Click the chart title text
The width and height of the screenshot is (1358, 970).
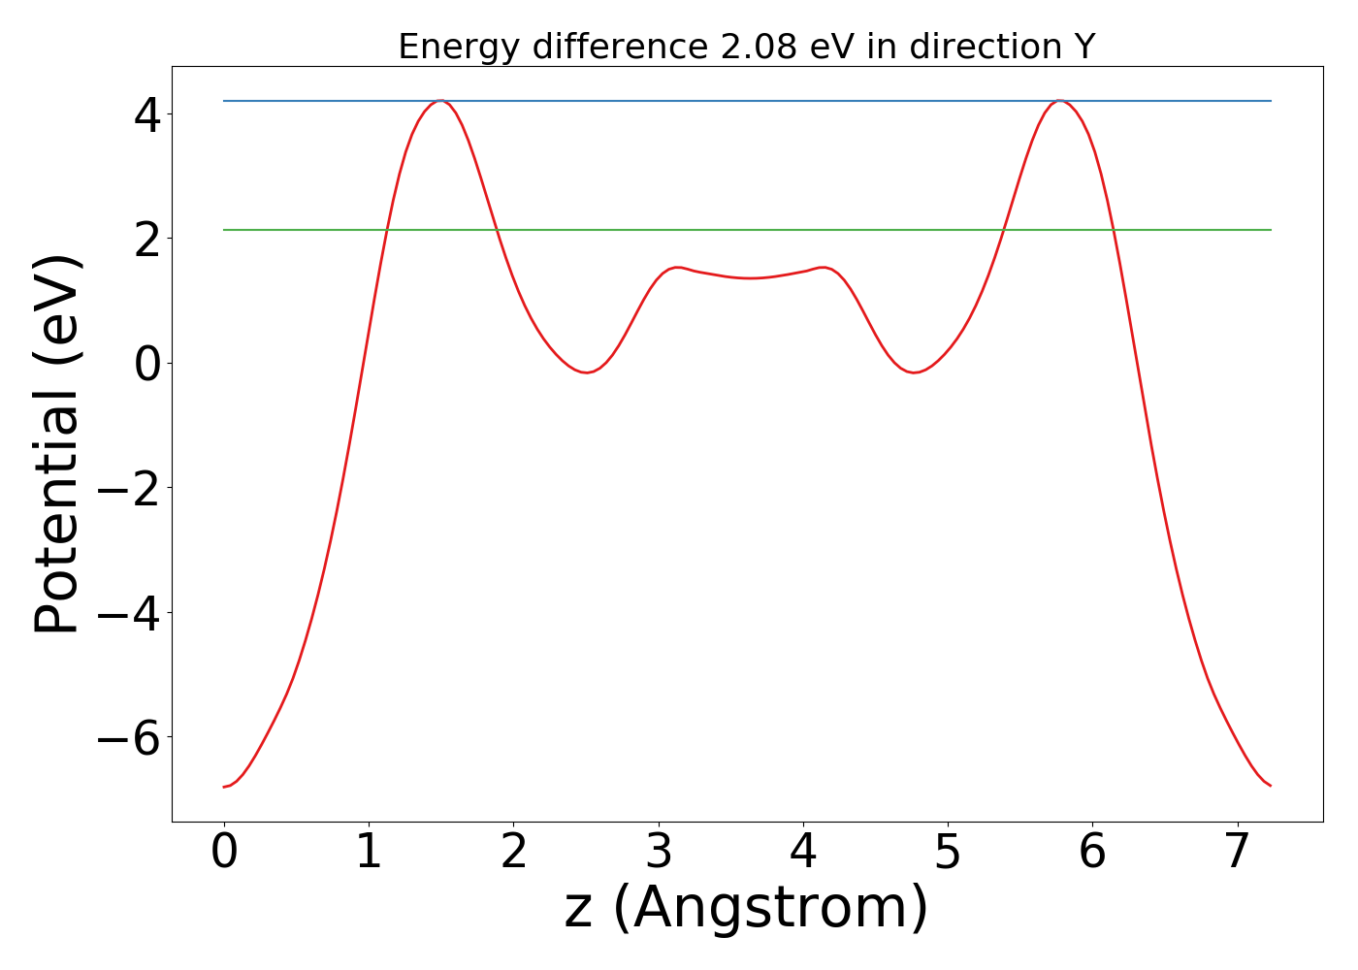[746, 47]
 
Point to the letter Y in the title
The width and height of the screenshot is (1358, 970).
[1083, 47]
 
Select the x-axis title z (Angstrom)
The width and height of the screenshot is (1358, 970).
[746, 908]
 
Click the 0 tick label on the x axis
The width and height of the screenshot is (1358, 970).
[224, 852]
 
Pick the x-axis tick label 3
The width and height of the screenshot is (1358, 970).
[659, 852]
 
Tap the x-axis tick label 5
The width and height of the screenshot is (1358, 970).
[948, 852]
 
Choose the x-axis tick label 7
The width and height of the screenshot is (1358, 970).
[1237, 852]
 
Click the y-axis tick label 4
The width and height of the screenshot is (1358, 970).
[147, 114]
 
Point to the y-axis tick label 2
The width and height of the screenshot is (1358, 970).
[147, 239]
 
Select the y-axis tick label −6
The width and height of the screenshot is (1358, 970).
[130, 737]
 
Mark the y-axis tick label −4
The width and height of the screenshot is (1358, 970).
[130, 613]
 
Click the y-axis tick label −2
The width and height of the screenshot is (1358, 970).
[130, 488]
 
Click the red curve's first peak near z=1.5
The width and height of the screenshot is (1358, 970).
[441, 101]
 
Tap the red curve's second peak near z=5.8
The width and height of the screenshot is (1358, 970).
[1059, 101]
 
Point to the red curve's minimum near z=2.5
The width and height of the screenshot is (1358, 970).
[587, 372]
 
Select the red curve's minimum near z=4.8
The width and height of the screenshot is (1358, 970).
[914, 372]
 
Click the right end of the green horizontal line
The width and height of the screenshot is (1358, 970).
[1270, 230]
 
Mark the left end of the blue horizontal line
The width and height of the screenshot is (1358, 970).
[225, 101]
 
